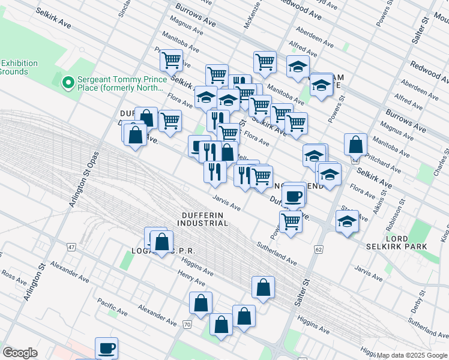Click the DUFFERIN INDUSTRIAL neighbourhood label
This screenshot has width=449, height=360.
coord(202,219)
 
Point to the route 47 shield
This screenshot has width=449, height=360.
coord(71,247)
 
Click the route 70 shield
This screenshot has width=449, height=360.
coord(187,324)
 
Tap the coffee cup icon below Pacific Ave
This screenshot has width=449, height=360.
coord(107,347)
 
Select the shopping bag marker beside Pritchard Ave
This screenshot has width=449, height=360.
coord(356,145)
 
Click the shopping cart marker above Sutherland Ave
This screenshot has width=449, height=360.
coord(291,221)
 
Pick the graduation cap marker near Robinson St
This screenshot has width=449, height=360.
coord(347,221)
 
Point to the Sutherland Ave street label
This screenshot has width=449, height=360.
coord(277,254)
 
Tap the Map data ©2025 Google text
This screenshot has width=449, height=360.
coord(412,355)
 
